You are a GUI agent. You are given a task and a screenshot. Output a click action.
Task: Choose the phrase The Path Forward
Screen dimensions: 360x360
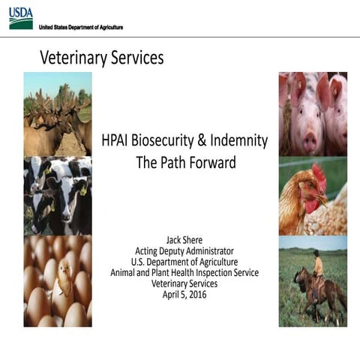(184, 160)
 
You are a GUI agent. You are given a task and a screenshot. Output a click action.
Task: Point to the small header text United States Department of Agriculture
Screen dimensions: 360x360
(81, 27)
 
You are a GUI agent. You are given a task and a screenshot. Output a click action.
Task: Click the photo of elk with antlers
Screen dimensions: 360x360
(57, 112)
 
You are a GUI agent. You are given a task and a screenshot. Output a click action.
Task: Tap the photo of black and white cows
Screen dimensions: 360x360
(57, 195)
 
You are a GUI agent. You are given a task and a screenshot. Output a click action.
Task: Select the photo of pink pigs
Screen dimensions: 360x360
(313, 112)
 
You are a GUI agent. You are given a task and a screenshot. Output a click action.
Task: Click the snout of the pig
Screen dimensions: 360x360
(307, 139)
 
